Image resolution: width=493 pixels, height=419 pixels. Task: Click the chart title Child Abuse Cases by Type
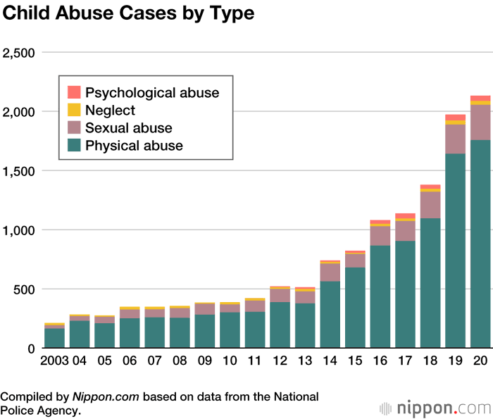click(x=128, y=13)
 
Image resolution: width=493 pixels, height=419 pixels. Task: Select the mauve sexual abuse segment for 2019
click(x=455, y=139)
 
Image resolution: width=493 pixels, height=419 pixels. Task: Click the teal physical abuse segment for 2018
click(x=430, y=282)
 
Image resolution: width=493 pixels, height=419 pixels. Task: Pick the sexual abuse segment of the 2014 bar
click(x=330, y=272)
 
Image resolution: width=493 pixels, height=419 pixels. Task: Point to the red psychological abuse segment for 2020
click(x=480, y=99)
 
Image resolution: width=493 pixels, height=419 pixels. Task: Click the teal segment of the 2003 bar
click(x=54, y=338)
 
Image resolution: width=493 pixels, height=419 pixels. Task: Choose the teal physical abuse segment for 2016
click(x=380, y=296)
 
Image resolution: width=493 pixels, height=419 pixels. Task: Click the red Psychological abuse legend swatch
click(x=74, y=92)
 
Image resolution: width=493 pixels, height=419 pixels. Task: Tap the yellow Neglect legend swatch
click(x=74, y=110)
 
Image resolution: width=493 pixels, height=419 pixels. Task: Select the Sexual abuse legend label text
click(x=128, y=128)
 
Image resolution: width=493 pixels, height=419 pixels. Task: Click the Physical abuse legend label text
click(x=134, y=146)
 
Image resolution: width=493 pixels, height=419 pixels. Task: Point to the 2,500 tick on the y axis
click(x=22, y=53)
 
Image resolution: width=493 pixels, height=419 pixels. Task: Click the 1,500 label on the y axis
click(x=22, y=171)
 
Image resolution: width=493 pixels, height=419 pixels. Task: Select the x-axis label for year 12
click(x=280, y=361)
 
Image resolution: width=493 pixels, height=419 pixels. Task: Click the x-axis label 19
click(x=455, y=361)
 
